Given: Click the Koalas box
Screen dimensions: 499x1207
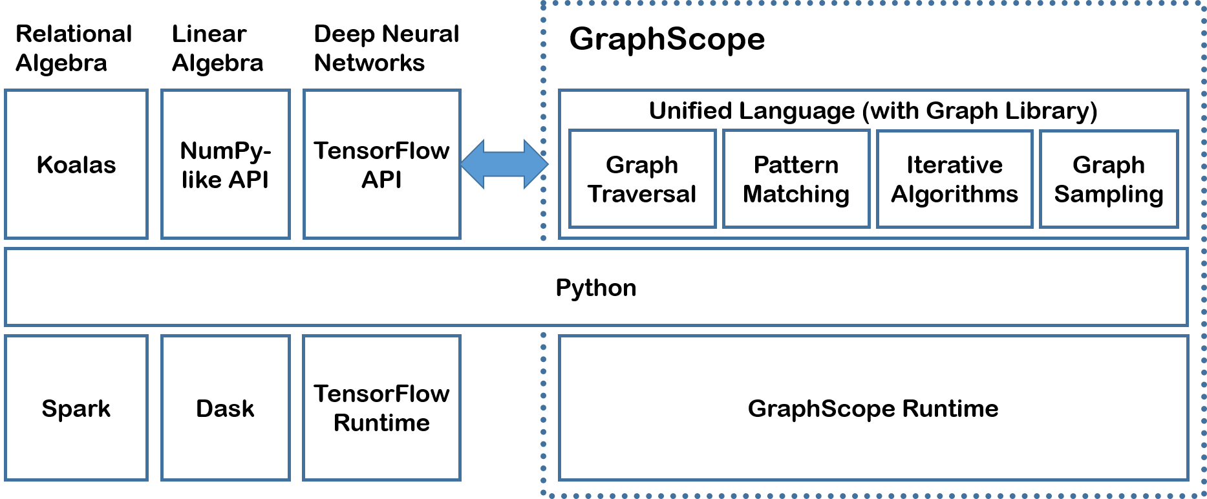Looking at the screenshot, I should tap(76, 165).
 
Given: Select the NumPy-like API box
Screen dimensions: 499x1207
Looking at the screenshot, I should tap(225, 165).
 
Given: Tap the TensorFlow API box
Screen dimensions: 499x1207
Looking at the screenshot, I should tap(381, 165).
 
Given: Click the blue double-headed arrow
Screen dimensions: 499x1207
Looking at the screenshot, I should tap(504, 164).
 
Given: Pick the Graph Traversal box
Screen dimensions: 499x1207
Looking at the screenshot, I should tap(642, 179).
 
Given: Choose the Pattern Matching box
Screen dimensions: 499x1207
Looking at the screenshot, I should tap(796, 179).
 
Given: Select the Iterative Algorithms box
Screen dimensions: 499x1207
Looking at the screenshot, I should tap(954, 179).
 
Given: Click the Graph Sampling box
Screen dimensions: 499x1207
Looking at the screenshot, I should tap(1109, 179).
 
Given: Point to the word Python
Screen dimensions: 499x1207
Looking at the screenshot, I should tap(596, 288).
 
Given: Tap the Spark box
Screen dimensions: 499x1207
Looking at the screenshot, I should tap(76, 409).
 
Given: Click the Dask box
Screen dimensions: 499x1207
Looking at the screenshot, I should tap(225, 409).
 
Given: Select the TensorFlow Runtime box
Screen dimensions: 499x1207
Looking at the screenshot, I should tap(381, 409).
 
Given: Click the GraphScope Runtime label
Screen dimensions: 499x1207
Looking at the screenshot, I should tap(873, 409).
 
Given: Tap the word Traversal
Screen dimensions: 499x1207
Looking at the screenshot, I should tap(642, 194).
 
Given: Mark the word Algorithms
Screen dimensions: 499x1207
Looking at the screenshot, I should tap(954, 194).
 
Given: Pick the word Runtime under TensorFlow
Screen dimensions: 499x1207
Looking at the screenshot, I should tap(381, 423).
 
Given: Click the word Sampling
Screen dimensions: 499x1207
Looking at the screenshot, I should tap(1109, 194).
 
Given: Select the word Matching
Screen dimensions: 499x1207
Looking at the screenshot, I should tap(796, 194).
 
